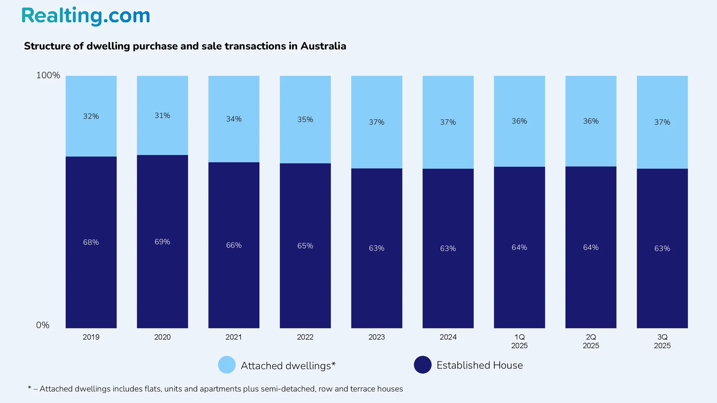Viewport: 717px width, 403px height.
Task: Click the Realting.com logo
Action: (86, 16)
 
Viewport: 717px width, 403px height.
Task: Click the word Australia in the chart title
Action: (323, 46)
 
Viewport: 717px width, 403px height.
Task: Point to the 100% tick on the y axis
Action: (48, 75)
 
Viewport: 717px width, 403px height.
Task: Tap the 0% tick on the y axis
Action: (43, 325)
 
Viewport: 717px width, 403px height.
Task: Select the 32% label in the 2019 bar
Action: (91, 116)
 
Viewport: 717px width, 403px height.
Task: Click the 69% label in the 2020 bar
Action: (162, 242)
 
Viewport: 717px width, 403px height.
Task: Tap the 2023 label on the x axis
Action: (376, 337)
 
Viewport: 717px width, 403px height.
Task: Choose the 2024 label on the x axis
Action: (448, 337)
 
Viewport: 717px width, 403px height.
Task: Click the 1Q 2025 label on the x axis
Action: (519, 341)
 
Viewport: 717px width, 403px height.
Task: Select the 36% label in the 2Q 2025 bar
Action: (591, 121)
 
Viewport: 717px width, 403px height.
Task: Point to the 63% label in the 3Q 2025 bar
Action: (662, 249)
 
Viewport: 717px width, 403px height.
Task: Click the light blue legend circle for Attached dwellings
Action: (227, 365)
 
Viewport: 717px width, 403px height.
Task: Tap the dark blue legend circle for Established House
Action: (423, 365)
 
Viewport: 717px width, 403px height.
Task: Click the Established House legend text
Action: (479, 365)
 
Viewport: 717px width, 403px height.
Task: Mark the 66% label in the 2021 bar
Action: (234, 246)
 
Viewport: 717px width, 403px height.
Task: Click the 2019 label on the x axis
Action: (91, 337)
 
